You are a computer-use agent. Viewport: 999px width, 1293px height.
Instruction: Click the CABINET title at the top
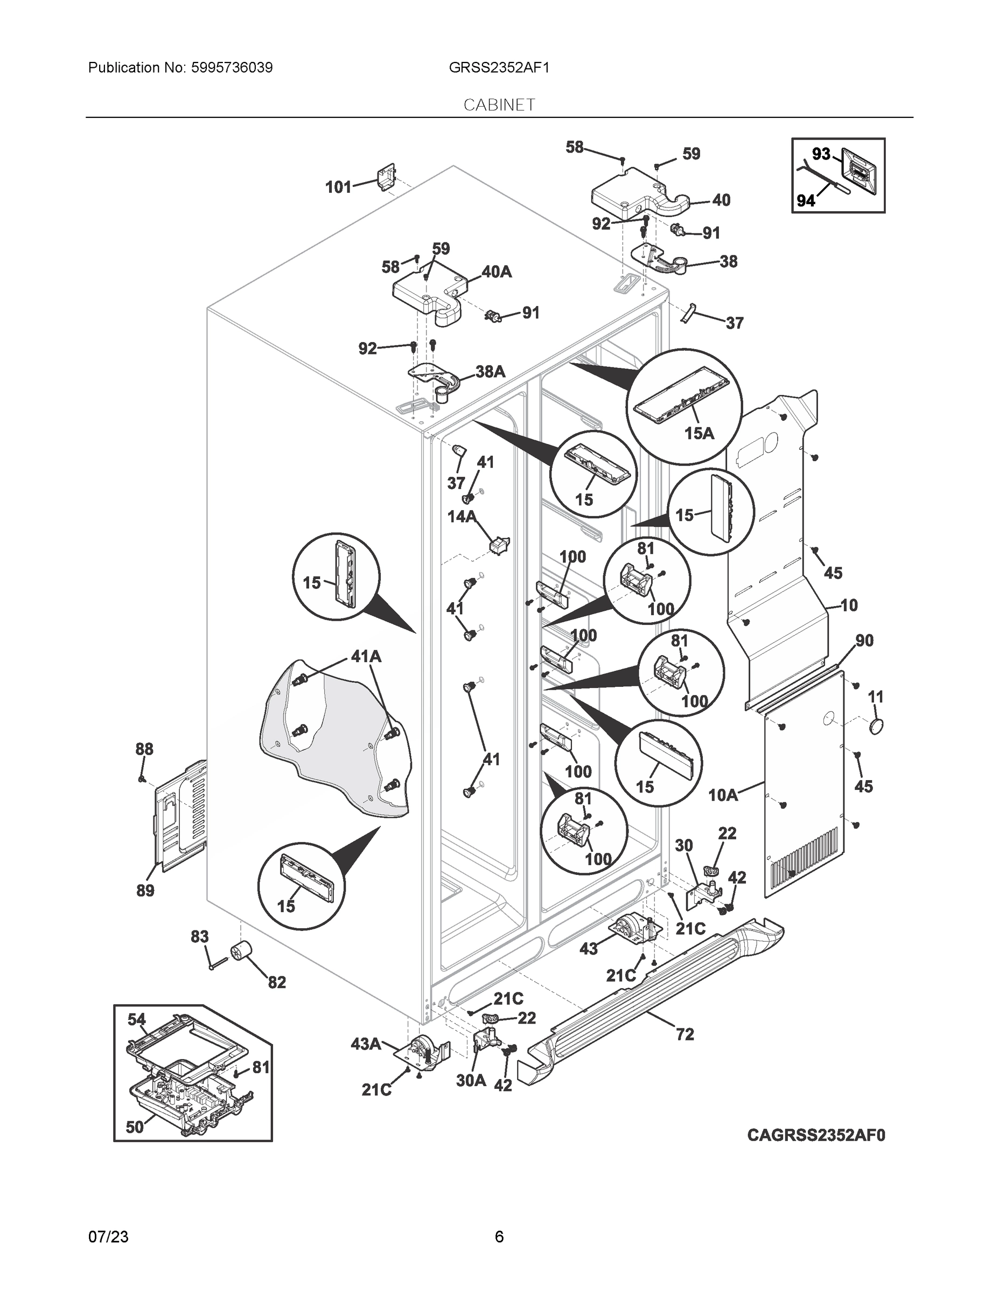[x=499, y=105]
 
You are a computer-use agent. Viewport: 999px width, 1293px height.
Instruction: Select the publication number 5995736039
[x=232, y=68]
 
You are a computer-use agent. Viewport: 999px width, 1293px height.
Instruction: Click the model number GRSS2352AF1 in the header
[x=499, y=68]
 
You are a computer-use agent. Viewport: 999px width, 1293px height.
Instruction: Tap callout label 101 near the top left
[x=339, y=187]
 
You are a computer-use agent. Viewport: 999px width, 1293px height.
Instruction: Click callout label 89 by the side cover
[x=145, y=890]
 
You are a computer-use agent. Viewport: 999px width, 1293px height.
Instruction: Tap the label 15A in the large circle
[x=699, y=433]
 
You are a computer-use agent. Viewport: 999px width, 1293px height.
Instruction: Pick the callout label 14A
[x=462, y=517]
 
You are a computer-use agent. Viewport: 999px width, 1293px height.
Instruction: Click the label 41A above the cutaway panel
[x=366, y=656]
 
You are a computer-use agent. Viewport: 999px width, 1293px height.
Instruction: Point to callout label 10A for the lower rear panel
[x=723, y=795]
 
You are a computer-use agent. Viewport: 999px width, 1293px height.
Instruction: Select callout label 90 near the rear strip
[x=864, y=640]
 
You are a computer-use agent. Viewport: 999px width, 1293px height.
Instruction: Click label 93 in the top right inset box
[x=821, y=155]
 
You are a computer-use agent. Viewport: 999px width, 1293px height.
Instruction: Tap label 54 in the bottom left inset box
[x=137, y=1019]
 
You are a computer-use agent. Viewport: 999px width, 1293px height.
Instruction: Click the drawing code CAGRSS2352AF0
[x=815, y=1135]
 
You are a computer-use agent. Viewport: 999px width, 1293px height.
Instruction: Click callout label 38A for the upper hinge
[x=490, y=372]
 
